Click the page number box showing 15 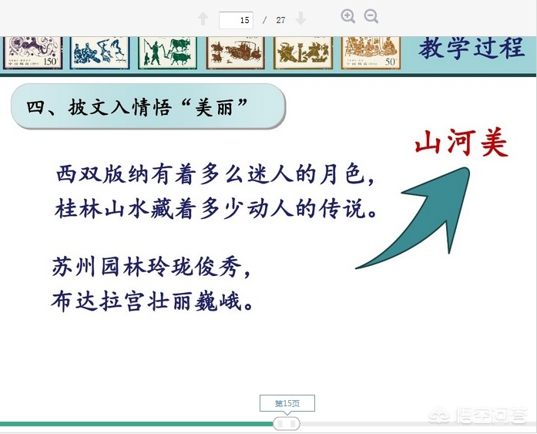click(236, 20)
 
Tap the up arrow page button click(203, 19)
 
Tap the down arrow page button click(300, 19)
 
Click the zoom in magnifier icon click(348, 16)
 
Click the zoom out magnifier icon click(371, 16)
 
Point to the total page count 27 click(280, 20)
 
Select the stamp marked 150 click(33, 52)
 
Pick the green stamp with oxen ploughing click(167, 52)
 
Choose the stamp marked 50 click(371, 52)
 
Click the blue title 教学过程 click(472, 48)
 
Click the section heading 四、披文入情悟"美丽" click(137, 107)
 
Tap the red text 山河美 click(461, 143)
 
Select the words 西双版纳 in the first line click(102, 174)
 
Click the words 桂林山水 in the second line click(102, 209)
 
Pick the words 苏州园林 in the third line click(99, 267)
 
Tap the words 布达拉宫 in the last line click(98, 301)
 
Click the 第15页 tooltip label click(287, 403)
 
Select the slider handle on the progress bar click(287, 424)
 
